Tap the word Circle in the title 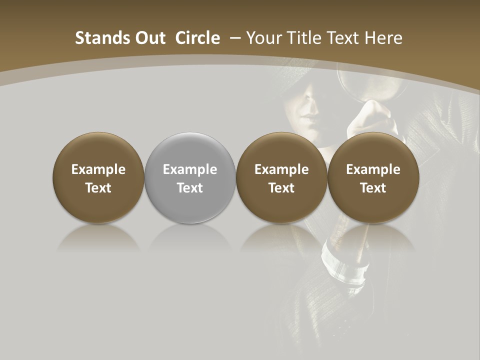[197, 38]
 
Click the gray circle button [190, 178]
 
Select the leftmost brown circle [98, 178]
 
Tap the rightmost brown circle [373, 178]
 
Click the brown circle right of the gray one [281, 178]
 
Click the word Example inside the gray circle [190, 169]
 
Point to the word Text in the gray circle [190, 188]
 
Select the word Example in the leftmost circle [98, 169]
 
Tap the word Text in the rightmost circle [373, 188]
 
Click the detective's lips [310, 120]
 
